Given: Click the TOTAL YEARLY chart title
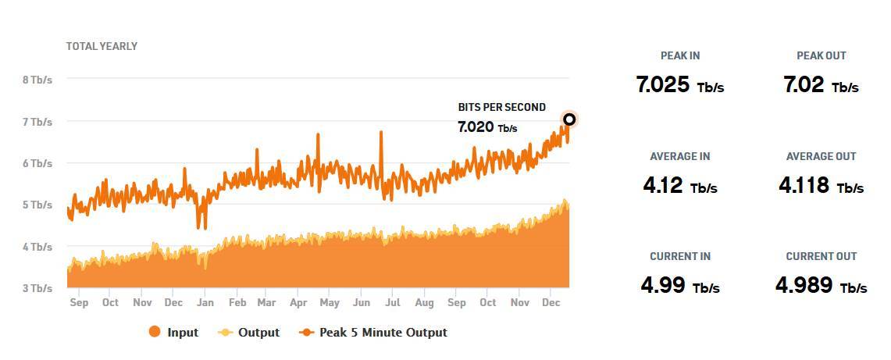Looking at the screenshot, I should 102,46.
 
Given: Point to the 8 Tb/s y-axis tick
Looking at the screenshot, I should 37,80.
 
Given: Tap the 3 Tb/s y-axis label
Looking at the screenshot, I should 37,288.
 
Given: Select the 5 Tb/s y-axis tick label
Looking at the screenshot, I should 37,205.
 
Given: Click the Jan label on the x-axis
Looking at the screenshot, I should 205,303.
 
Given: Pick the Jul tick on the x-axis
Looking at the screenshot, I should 393,303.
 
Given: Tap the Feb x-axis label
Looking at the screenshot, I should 237,303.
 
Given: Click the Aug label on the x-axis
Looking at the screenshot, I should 424,303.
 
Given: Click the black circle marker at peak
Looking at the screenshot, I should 569,119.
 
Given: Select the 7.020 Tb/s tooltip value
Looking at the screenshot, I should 487,127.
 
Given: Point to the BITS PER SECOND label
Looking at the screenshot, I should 501,107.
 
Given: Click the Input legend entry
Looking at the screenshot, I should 173,333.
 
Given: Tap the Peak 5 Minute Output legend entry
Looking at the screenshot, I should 373,333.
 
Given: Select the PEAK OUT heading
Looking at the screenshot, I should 821,55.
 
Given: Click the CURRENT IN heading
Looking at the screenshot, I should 680,256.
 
